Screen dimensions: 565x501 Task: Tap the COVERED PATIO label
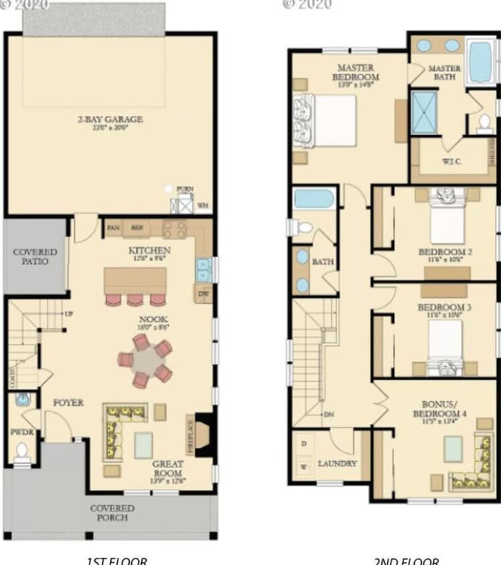(x=35, y=256)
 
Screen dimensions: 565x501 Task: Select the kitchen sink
(x=203, y=270)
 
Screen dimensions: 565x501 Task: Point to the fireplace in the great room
(x=202, y=436)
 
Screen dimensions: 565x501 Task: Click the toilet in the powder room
(x=22, y=451)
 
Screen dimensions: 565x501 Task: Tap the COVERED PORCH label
(x=112, y=512)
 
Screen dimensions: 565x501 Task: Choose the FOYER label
(x=68, y=403)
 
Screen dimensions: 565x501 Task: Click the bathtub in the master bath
(x=480, y=62)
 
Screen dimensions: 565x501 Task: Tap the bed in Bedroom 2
(x=447, y=217)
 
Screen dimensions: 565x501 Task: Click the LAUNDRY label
(x=337, y=463)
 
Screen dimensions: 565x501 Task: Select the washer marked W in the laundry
(x=304, y=466)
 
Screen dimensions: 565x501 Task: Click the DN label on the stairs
(x=328, y=414)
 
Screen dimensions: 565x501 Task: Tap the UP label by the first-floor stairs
(x=68, y=314)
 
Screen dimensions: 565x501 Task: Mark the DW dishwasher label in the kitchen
(x=203, y=293)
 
